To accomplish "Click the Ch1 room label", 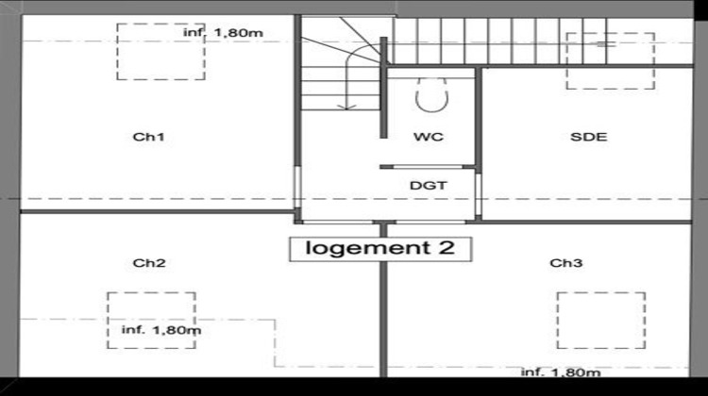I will point(149,138).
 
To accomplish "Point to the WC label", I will point(428,138).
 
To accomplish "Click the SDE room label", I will point(588,138).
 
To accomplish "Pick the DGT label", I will point(428,186).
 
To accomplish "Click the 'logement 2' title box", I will point(379,248).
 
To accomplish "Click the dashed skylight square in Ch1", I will point(160,52).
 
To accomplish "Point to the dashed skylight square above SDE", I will point(610,61).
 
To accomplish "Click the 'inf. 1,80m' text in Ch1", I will point(222,33).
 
